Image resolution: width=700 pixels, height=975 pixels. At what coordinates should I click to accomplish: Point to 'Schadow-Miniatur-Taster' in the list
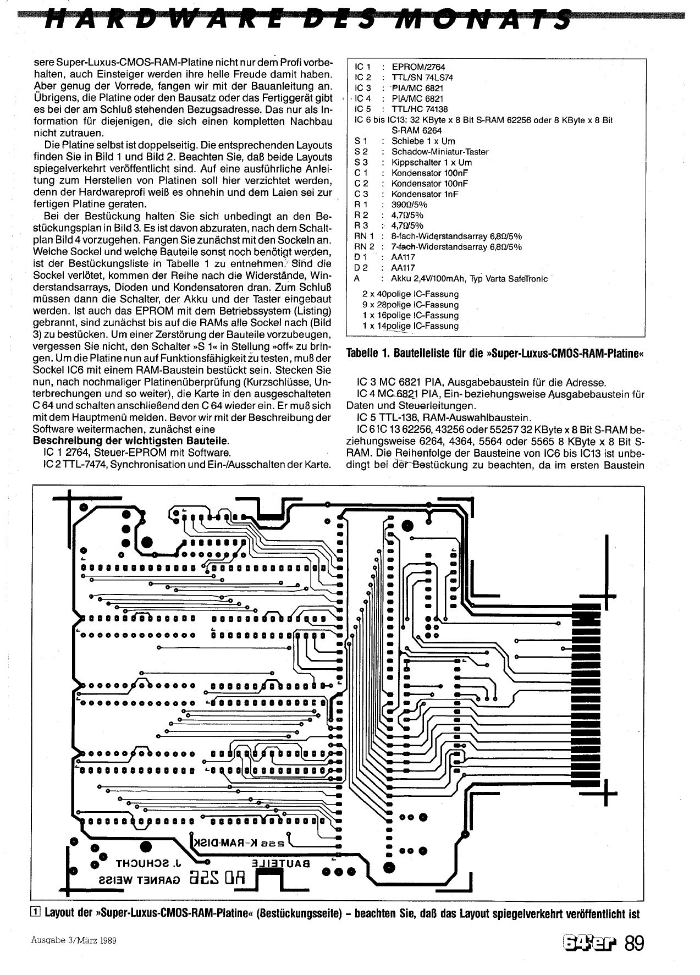coord(439,151)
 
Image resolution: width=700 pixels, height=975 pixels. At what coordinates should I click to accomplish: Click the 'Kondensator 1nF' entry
coord(424,194)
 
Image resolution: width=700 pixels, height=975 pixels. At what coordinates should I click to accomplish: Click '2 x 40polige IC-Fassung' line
coord(410,294)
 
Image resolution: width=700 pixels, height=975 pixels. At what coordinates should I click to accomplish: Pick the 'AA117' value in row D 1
coord(403,257)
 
